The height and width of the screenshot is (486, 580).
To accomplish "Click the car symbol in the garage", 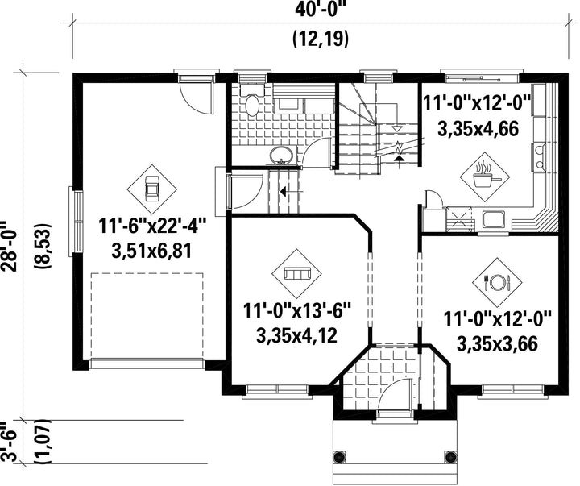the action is [151, 189].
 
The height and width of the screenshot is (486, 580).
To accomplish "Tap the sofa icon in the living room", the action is [296, 274].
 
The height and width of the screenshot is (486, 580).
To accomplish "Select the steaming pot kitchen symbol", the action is [485, 177].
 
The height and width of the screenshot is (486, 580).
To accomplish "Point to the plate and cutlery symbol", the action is [497, 283].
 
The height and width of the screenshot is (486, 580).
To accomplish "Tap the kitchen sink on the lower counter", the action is [494, 219].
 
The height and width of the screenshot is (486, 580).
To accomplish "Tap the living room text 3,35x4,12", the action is [296, 336].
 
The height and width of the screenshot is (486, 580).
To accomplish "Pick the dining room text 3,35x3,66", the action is [497, 344].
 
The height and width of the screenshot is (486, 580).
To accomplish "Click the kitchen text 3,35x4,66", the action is [478, 129].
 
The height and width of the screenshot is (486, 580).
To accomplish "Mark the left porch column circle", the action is [338, 456].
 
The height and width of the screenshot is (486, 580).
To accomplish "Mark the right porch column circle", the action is [450, 456].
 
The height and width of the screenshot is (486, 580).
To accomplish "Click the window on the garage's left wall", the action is [77, 222].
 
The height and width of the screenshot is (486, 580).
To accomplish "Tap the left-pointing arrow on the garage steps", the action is [283, 192].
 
